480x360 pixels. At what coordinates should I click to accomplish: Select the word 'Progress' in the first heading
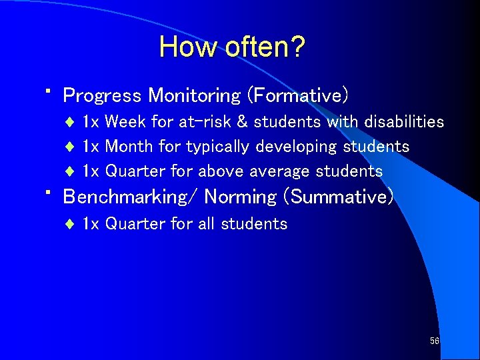(102, 96)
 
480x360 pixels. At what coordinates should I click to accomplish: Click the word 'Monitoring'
(194, 96)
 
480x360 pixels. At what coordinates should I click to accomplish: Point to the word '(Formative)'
(297, 96)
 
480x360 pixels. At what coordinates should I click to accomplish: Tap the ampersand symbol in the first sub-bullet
(243, 122)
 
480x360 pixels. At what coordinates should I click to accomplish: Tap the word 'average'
(279, 171)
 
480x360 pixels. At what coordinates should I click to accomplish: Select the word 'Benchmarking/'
(131, 197)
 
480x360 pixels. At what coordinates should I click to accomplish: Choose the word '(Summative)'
(339, 197)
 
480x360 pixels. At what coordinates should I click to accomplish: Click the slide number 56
(435, 341)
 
